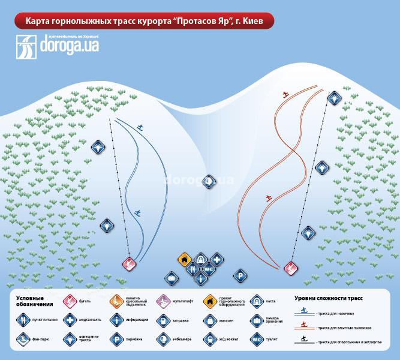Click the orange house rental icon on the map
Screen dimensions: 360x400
(x=185, y=259)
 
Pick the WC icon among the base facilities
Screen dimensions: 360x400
(x=209, y=269)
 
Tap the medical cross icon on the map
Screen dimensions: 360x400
(x=216, y=260)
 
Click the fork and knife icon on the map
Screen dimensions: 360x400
(x=193, y=269)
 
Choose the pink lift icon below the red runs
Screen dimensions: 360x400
(x=291, y=268)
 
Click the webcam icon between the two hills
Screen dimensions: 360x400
(x=209, y=181)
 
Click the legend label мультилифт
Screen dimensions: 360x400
(x=183, y=301)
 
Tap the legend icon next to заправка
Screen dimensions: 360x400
(x=162, y=320)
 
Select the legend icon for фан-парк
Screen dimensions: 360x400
(x=23, y=339)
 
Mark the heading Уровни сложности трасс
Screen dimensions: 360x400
(x=329, y=297)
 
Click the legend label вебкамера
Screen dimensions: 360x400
(x=181, y=339)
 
